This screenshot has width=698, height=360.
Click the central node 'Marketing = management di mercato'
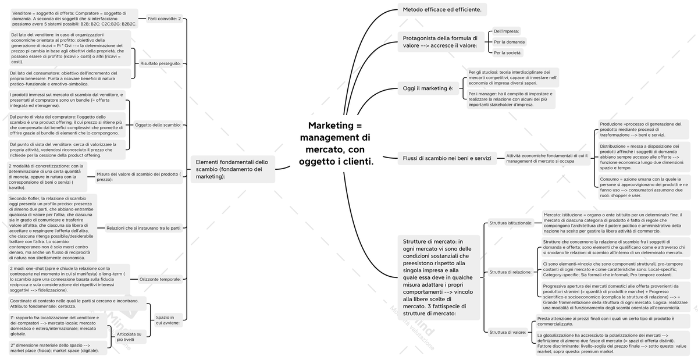[336, 143]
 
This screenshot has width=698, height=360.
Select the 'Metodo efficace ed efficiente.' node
[442, 9]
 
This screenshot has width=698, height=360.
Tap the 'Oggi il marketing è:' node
[428, 88]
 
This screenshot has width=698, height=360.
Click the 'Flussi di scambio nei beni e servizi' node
[447, 158]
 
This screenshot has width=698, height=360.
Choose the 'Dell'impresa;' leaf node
[506, 31]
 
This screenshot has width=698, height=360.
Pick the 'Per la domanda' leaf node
[509, 42]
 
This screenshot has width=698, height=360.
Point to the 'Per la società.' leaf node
[508, 53]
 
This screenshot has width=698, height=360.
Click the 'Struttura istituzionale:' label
[510, 223]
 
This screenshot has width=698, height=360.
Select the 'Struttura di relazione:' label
[510, 272]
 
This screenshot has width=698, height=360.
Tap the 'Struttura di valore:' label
[507, 333]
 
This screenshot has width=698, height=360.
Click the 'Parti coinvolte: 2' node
[164, 19]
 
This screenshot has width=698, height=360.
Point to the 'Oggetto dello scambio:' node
[158, 124]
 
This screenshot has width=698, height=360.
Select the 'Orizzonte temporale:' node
[160, 279]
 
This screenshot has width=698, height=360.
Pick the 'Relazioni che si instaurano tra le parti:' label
[143, 228]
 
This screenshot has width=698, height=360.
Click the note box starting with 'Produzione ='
[643, 129]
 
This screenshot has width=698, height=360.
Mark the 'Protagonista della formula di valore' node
[440, 41]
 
